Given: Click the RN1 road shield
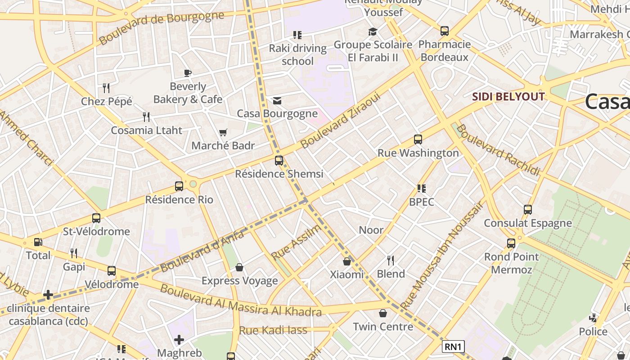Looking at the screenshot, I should pyautogui.click(x=453, y=346).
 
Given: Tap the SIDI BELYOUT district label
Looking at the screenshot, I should pyautogui.click(x=508, y=97).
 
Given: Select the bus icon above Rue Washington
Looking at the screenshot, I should pyautogui.click(x=418, y=139).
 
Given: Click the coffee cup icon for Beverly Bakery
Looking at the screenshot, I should pyautogui.click(x=188, y=73).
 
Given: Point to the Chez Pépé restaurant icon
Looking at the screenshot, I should pyautogui.click(x=106, y=88).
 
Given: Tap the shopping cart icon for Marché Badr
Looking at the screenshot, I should pyautogui.click(x=223, y=132).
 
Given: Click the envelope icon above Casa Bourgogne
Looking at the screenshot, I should pyautogui.click(x=277, y=100).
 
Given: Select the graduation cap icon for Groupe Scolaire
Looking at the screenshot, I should pyautogui.click(x=373, y=31).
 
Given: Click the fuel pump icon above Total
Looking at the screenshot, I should pyautogui.click(x=38, y=242).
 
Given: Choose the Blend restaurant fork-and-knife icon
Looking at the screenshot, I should pyautogui.click(x=391, y=260).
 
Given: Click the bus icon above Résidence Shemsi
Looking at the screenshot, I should pyautogui.click(x=279, y=160).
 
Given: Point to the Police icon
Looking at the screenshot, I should pyautogui.click(x=593, y=318).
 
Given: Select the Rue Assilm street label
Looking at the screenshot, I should pyautogui.click(x=297, y=242).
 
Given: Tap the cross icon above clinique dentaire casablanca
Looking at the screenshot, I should pyautogui.click(x=48, y=295).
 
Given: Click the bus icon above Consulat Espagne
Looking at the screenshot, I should pyautogui.click(x=528, y=210).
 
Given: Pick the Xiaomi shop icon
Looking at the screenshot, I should pyautogui.click(x=347, y=261).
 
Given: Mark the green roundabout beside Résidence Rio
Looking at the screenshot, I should pyautogui.click(x=193, y=184).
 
